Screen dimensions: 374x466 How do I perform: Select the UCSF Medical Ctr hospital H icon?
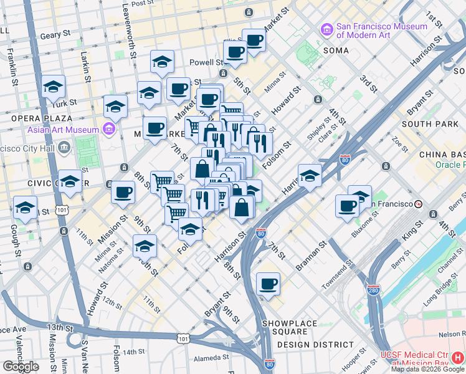458,358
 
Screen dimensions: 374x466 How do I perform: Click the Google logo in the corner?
21,367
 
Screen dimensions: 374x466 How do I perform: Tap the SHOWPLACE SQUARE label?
290,324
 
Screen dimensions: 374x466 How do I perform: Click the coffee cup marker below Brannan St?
268,284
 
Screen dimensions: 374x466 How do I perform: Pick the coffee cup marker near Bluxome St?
347,206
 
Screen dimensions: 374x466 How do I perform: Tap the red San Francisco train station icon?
419,204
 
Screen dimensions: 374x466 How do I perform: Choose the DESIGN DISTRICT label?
315,344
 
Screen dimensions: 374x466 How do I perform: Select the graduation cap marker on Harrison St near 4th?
309,176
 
